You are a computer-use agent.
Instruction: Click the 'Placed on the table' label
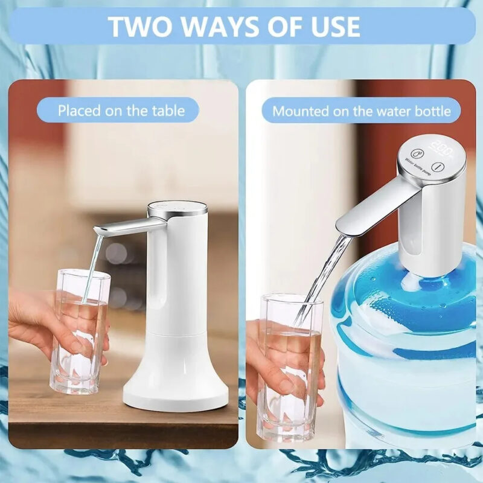click(121, 111)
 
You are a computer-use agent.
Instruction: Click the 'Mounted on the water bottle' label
click(362, 111)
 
